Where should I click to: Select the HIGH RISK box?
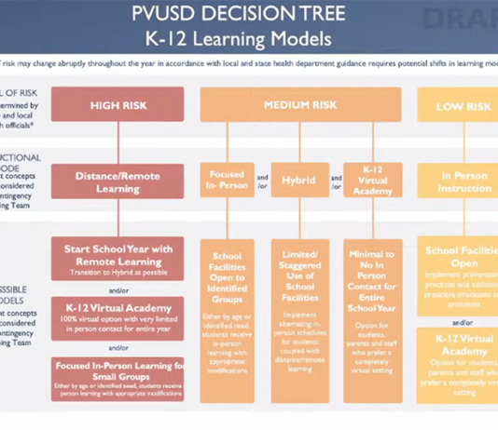point(118,105)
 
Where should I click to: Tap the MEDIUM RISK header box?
point(300,105)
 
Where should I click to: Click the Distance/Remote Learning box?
point(118,181)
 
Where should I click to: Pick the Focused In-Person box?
point(227,180)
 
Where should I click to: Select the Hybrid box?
point(298,180)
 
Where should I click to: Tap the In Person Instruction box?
point(463,181)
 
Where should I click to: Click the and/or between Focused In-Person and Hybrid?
point(262,180)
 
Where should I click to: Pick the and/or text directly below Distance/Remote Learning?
point(118,216)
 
